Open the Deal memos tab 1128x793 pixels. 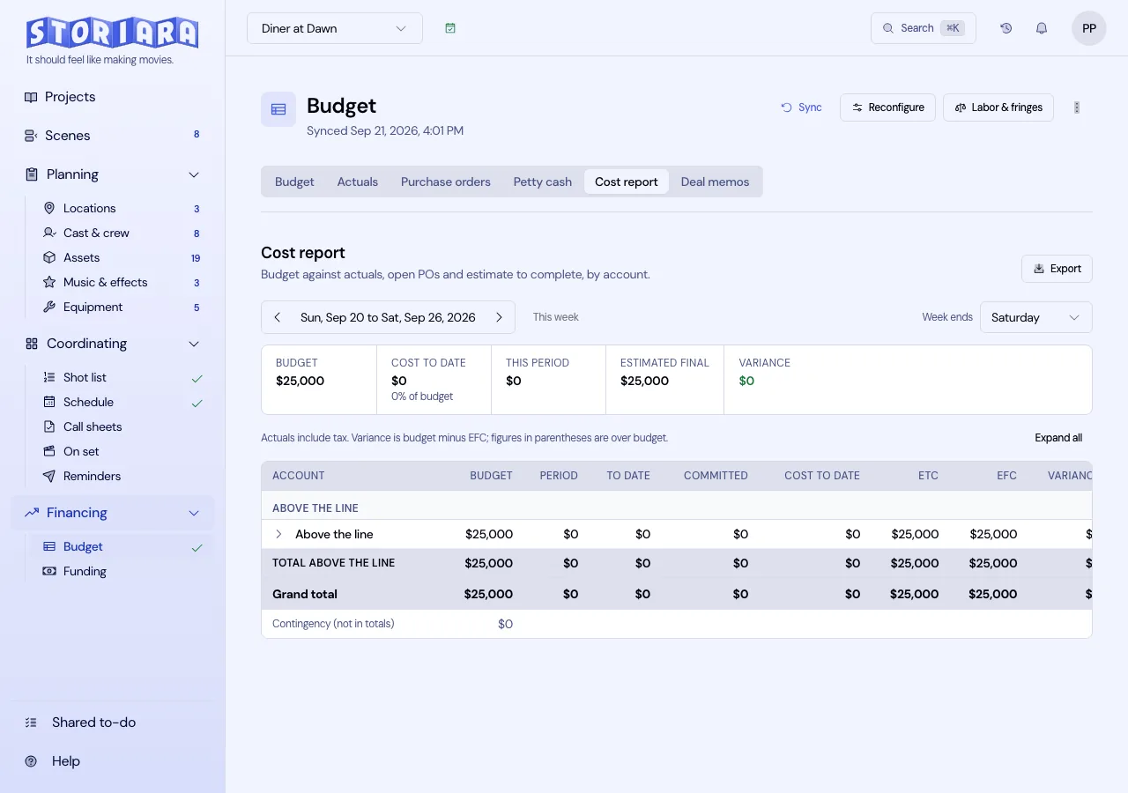pyautogui.click(x=715, y=182)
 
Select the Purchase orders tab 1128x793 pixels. pyautogui.click(x=445, y=182)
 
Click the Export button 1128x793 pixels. pyautogui.click(x=1057, y=269)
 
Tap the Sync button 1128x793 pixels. pyautogui.click(x=801, y=107)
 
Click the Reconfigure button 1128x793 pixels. pyautogui.click(x=887, y=107)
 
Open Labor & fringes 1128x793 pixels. pyautogui.click(x=998, y=107)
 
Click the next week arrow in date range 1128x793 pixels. pyautogui.click(x=499, y=317)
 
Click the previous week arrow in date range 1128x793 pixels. pyautogui.click(x=277, y=317)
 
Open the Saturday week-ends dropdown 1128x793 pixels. pyautogui.click(x=1035, y=317)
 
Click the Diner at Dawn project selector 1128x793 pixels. pyautogui.click(x=334, y=28)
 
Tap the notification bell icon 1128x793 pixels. pyautogui.click(x=1042, y=28)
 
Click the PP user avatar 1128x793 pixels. pyautogui.click(x=1088, y=28)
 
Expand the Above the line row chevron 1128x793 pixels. pyautogui.click(x=278, y=534)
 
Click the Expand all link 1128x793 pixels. pyautogui.click(x=1058, y=438)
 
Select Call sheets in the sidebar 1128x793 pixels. pyautogui.click(x=93, y=426)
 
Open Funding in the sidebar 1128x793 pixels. pyautogui.click(x=85, y=571)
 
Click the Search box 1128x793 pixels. pyautogui.click(x=923, y=28)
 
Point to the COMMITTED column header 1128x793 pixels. pyautogui.click(x=715, y=475)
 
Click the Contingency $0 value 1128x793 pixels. pyautogui.click(x=505, y=624)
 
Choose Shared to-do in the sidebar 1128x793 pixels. pyautogui.click(x=93, y=722)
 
